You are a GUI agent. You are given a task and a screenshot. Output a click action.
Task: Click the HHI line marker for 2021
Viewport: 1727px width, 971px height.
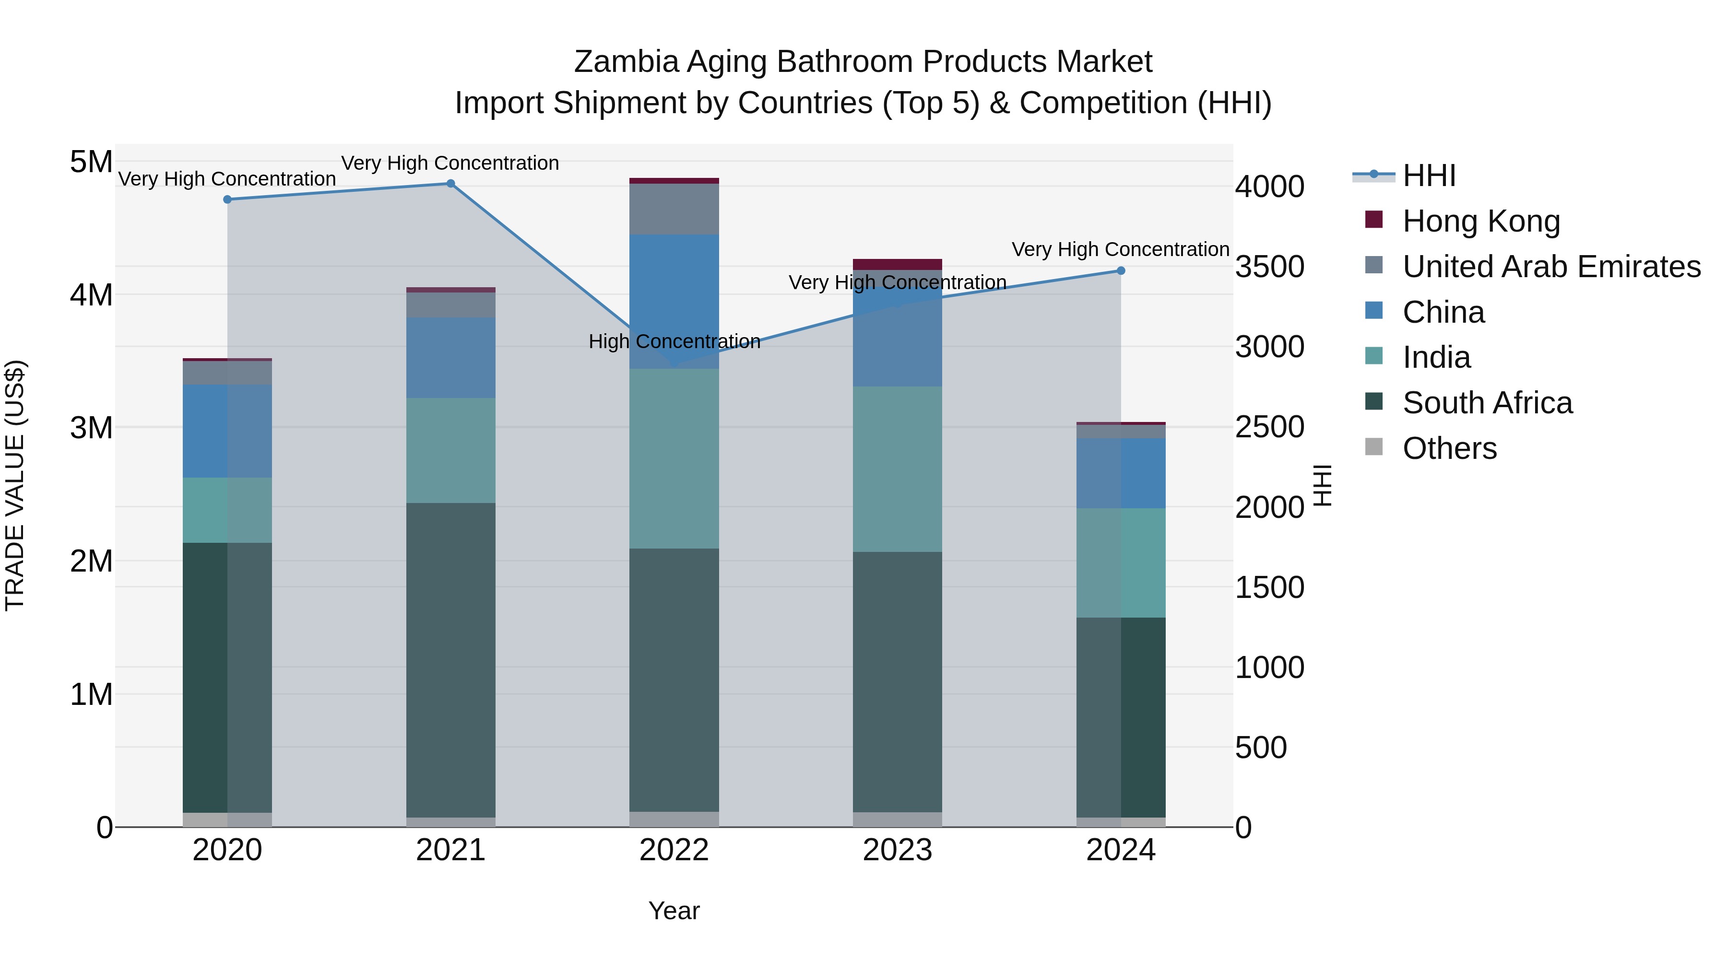[450, 184]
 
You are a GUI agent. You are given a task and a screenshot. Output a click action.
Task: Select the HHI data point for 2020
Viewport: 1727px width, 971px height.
[227, 199]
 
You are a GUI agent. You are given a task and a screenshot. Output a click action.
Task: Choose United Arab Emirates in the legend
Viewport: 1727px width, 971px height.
[1550, 267]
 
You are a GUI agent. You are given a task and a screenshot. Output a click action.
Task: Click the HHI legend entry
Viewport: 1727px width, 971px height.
[1428, 175]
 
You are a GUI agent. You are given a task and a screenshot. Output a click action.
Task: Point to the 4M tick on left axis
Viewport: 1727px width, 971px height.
[91, 295]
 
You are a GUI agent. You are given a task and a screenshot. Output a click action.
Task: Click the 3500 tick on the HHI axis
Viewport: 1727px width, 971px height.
[1269, 267]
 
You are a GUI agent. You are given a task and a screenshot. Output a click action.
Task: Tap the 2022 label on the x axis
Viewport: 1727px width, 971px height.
[674, 850]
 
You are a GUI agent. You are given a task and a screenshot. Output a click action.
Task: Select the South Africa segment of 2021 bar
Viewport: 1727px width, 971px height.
[450, 660]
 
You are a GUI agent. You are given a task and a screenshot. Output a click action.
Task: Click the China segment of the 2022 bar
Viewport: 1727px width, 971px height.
[674, 302]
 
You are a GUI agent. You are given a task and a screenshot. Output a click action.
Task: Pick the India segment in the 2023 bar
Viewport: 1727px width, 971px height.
[897, 469]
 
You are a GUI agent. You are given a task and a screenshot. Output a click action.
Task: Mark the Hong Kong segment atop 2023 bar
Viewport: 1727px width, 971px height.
[897, 264]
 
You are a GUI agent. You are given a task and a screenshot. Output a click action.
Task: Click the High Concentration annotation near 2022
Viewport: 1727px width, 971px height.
[674, 342]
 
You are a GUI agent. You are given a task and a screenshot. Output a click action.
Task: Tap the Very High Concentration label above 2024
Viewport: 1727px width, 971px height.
[1120, 249]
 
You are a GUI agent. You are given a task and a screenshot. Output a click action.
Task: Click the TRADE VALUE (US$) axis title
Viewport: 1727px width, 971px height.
[15, 485]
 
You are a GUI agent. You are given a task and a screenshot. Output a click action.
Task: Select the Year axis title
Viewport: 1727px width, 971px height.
[674, 911]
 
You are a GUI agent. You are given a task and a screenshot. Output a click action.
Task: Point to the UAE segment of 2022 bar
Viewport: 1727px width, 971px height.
[674, 209]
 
